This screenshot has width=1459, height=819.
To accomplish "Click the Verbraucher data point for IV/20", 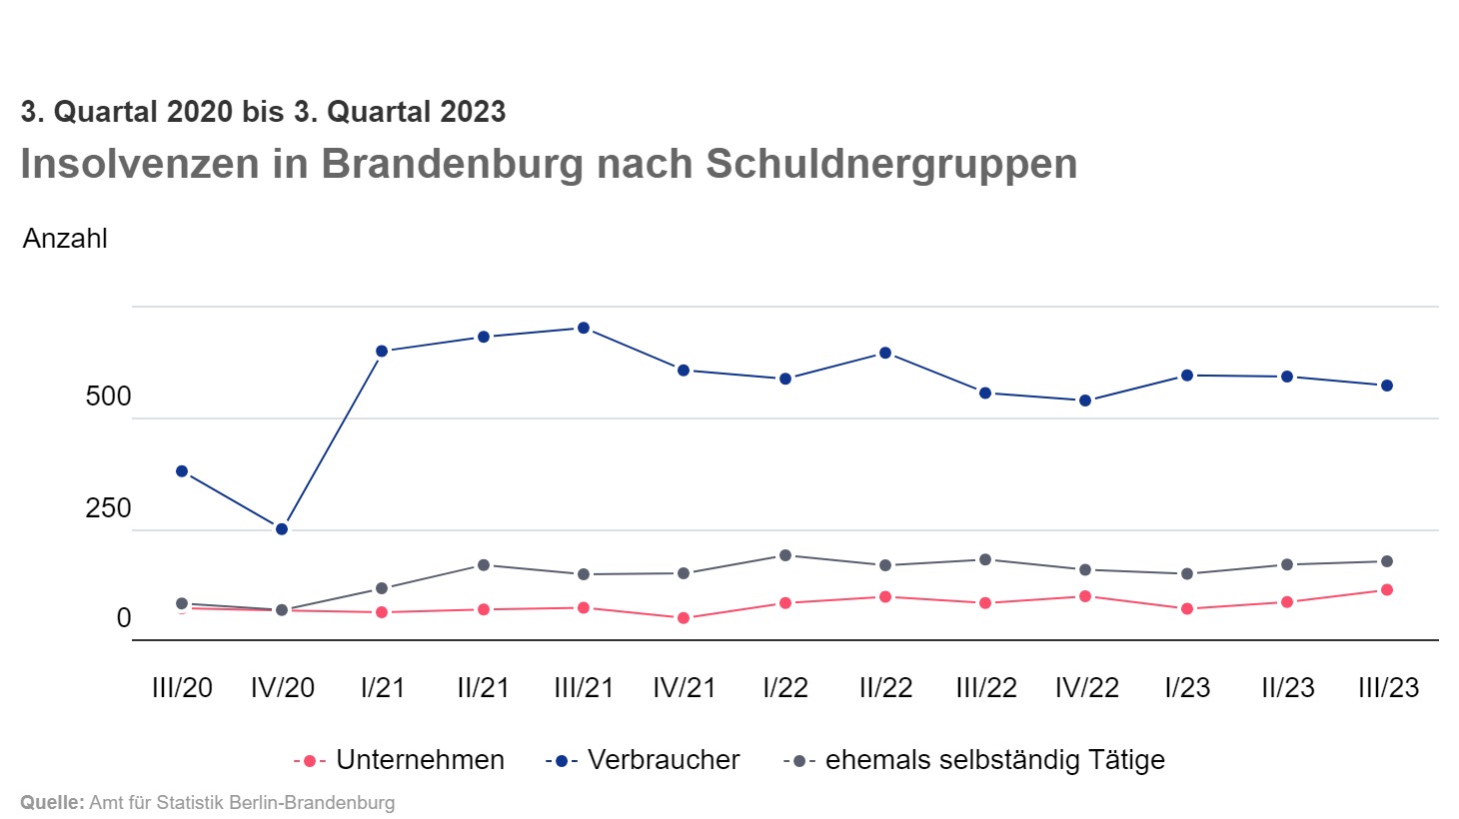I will pyautogui.click(x=282, y=529).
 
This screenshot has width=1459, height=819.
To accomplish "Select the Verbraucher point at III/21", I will pyautogui.click(x=584, y=329).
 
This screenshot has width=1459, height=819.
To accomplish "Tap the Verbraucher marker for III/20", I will pyautogui.click(x=182, y=471).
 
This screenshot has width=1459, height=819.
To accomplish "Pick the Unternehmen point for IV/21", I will pyautogui.click(x=684, y=618).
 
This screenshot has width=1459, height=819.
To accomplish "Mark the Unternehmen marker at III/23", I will pyautogui.click(x=1387, y=590).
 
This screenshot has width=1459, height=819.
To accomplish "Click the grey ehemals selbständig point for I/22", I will pyautogui.click(x=785, y=555).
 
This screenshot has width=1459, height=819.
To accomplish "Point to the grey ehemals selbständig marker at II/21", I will pyautogui.click(x=484, y=565).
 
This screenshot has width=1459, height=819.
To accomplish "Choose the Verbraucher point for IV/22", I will pyautogui.click(x=1085, y=401).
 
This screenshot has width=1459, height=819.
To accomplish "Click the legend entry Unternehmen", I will pyautogui.click(x=420, y=760).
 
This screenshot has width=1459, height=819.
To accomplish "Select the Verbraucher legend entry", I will pyautogui.click(x=664, y=760).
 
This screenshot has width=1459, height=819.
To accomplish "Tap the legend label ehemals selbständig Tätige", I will pyautogui.click(x=994, y=760).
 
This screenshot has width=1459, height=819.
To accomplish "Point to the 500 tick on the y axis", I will pyautogui.click(x=108, y=397).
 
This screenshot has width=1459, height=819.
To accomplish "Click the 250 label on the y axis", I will pyautogui.click(x=108, y=508).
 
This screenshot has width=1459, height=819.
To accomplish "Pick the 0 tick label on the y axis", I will pyautogui.click(x=124, y=618).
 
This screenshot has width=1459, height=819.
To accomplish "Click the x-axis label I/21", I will pyautogui.click(x=383, y=688).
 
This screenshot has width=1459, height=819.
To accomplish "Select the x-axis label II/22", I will pyautogui.click(x=885, y=688).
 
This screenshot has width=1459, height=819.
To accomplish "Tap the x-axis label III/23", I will pyautogui.click(x=1388, y=688).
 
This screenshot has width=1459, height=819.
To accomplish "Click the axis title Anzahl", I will pyautogui.click(x=65, y=239).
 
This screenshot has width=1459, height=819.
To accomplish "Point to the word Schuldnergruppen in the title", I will pyautogui.click(x=891, y=165).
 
